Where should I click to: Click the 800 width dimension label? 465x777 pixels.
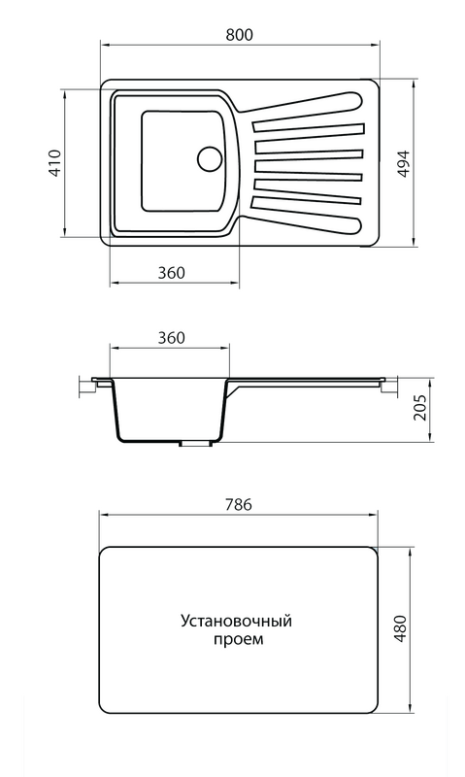point(239,35)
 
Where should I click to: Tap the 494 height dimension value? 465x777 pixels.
point(404,163)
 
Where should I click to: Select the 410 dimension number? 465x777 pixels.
point(54,162)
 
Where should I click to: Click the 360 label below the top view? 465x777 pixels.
point(172,273)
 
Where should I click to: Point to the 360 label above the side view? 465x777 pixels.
point(172,338)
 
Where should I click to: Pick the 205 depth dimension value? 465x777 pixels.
point(419,407)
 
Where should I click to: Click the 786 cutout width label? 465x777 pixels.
point(239,504)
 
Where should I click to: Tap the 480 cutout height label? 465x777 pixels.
point(400,628)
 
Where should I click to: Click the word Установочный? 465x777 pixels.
point(236,622)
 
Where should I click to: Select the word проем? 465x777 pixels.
point(239,639)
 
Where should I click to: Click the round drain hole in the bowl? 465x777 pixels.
point(210,158)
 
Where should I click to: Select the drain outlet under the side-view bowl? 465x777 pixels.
point(195,444)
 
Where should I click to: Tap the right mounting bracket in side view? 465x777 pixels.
point(388,387)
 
